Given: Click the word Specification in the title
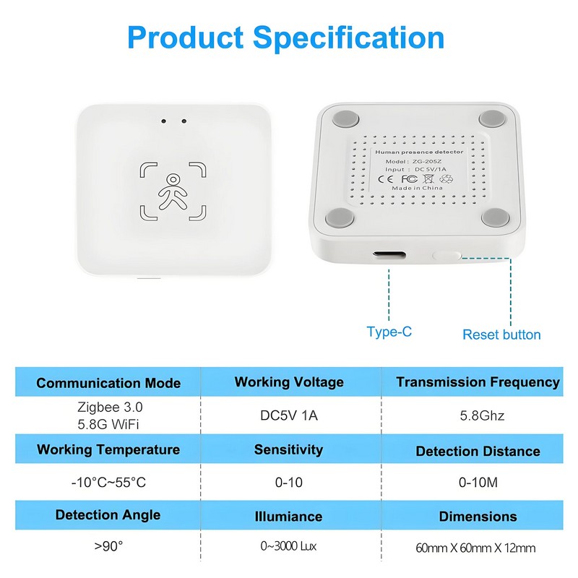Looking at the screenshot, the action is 348,38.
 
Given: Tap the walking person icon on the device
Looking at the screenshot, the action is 173,191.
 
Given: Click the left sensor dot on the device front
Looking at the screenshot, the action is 164,121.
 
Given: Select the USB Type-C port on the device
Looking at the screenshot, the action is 389,254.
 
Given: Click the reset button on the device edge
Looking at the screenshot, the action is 447,255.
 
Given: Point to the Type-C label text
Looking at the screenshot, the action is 389,332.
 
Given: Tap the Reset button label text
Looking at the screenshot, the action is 501,335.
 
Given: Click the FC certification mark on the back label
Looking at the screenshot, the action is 409,179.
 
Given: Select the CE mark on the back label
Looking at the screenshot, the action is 386,179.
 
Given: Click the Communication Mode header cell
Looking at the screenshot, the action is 108,383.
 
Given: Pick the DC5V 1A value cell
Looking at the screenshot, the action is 289,415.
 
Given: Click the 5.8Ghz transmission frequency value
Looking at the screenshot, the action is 482,415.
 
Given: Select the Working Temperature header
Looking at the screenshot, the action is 108,449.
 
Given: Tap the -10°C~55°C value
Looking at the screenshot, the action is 108,482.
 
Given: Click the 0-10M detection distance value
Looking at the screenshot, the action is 478,482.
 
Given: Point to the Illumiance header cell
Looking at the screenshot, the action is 288,517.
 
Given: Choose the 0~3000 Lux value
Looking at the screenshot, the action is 288,546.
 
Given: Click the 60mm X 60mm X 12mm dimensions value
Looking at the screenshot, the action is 475,548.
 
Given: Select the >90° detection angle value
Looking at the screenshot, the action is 108,546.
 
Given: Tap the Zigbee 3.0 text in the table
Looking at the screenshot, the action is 110,407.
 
